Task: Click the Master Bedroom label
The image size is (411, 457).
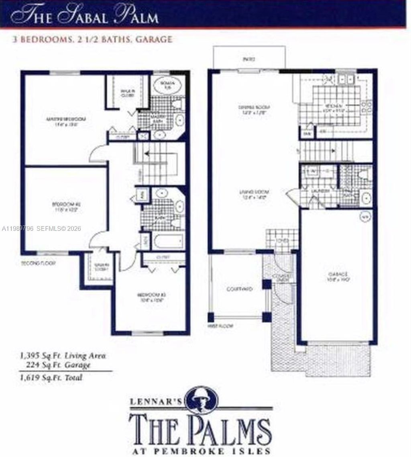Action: [x=66, y=121]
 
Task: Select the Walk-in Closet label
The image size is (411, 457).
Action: [x=128, y=93]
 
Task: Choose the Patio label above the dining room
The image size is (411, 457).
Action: [x=248, y=59]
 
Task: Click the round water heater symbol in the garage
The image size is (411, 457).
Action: [x=365, y=215]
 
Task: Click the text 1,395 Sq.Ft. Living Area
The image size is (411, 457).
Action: [x=63, y=355]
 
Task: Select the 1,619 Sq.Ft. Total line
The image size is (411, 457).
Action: [x=51, y=378]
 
